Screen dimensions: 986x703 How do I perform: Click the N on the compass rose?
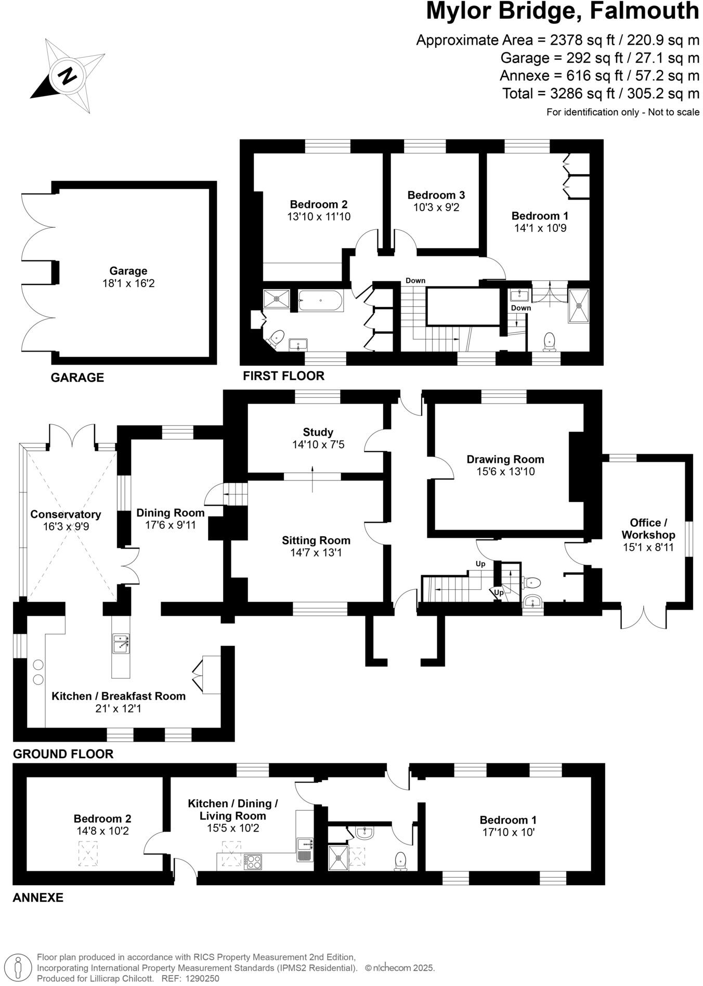[67, 76]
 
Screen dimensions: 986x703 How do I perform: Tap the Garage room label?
[128, 271]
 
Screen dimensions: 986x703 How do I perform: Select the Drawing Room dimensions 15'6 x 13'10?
[505, 472]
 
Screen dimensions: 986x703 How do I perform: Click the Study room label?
[318, 432]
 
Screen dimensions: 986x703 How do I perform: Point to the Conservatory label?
[66, 514]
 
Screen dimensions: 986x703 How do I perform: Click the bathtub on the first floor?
[320, 300]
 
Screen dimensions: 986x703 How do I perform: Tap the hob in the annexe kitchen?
[253, 862]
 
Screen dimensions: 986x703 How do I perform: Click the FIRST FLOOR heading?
[283, 375]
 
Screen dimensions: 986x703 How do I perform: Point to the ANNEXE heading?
[38, 898]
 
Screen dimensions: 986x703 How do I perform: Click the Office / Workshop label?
[648, 528]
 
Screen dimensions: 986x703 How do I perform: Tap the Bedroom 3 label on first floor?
[436, 195]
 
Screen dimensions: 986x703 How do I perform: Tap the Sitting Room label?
[316, 540]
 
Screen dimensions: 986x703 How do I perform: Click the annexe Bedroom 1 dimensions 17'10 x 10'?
[508, 833]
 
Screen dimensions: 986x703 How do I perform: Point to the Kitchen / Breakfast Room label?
[119, 696]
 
